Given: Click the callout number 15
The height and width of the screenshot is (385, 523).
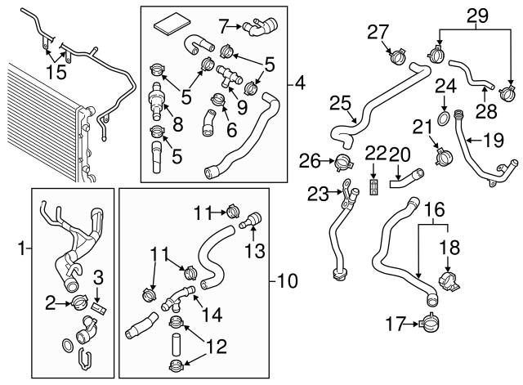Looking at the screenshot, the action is pyautogui.click(x=56, y=72).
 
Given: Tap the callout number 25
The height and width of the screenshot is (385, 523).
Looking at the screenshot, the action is pyautogui.click(x=340, y=103).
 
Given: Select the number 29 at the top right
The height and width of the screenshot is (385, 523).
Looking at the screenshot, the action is pyautogui.click(x=477, y=16).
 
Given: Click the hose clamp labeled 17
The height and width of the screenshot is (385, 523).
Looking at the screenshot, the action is pyautogui.click(x=429, y=323).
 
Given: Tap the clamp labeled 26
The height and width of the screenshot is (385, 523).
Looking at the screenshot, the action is pyautogui.click(x=343, y=162).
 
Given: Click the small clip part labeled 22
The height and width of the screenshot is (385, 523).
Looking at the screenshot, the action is pyautogui.click(x=373, y=187).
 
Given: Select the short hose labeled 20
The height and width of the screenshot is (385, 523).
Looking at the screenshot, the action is pyautogui.click(x=407, y=178).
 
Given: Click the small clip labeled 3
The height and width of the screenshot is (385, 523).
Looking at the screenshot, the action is pyautogui.click(x=99, y=307).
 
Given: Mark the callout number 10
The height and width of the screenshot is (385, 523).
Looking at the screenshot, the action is pyautogui.click(x=287, y=281).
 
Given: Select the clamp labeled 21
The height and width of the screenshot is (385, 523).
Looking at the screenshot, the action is pyautogui.click(x=444, y=155).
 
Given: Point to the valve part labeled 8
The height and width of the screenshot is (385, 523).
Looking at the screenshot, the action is pyautogui.click(x=156, y=101).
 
